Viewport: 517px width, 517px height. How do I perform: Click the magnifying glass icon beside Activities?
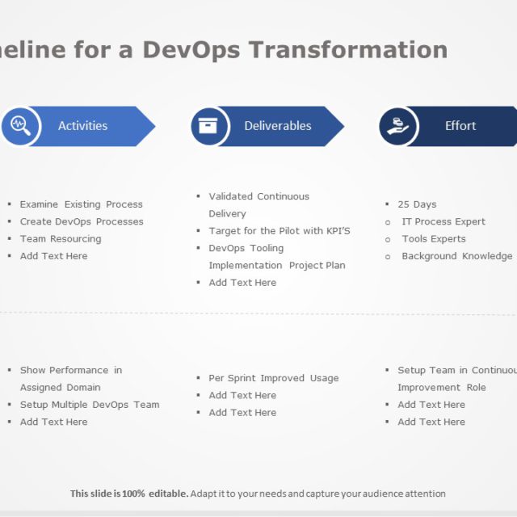20,126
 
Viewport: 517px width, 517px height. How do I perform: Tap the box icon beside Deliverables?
208,126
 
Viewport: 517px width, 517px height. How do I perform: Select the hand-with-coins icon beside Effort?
397,126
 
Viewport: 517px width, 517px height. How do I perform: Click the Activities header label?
82,126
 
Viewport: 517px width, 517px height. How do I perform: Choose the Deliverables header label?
277,126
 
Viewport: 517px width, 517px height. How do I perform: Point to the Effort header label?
460,126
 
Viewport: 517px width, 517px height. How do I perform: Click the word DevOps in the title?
192,49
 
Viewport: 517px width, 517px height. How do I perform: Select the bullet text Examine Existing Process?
81,204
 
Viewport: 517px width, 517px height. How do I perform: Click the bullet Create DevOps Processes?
82,221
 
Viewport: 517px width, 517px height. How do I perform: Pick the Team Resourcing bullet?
61,239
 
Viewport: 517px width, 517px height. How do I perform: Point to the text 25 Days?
417,204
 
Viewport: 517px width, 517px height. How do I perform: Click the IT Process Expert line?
443,221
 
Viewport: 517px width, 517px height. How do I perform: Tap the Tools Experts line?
434,239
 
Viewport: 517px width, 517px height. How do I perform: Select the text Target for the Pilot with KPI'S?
280,231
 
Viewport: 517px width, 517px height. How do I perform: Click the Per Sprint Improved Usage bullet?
274,378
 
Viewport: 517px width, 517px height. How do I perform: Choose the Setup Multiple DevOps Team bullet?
90,405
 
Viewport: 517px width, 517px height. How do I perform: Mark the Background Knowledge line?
456,256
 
